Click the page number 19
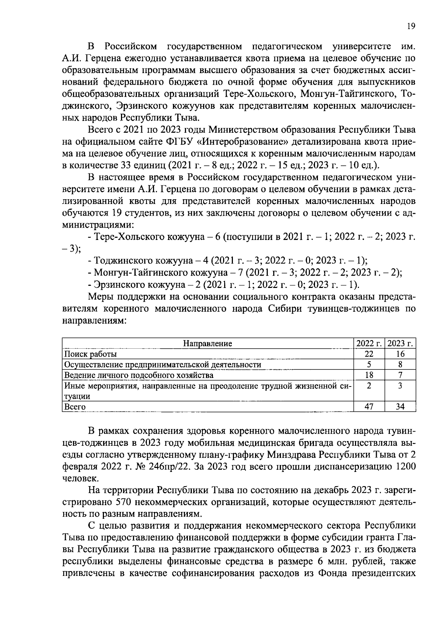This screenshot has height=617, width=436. (x=411, y=26)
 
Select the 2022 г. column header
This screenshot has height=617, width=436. (x=369, y=344)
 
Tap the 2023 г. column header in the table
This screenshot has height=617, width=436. (x=400, y=344)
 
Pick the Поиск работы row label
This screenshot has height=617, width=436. (x=90, y=354)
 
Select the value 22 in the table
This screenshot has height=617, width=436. (x=369, y=354)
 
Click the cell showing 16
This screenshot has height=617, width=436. (x=400, y=354)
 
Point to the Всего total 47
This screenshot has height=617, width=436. (x=369, y=406)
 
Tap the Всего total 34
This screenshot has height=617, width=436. (x=400, y=406)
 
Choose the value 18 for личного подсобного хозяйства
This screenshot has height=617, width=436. (x=369, y=375)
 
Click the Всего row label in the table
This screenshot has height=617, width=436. (x=74, y=407)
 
